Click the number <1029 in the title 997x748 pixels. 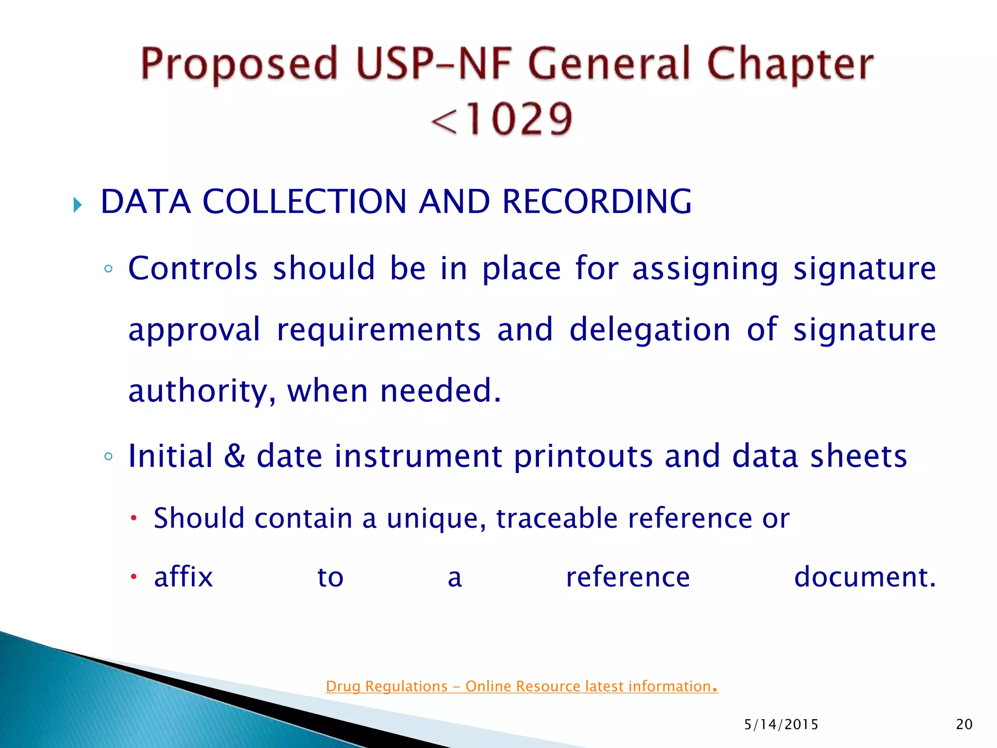click(x=501, y=119)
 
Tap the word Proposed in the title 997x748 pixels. click(x=239, y=64)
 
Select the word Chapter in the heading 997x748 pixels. click(x=790, y=64)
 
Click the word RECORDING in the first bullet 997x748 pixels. click(x=596, y=202)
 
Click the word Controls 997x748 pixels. click(x=193, y=268)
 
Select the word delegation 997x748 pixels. click(x=650, y=330)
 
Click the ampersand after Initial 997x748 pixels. click(x=235, y=456)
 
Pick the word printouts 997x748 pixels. click(x=583, y=457)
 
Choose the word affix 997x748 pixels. click(x=184, y=577)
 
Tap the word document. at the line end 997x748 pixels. click(x=865, y=577)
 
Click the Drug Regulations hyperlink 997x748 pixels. click(x=521, y=686)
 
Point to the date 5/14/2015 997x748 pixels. click(x=781, y=725)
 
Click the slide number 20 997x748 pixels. click(x=964, y=725)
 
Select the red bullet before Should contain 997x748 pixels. click(x=134, y=518)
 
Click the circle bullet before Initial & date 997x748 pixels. click(x=109, y=457)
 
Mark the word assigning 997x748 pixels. click(x=705, y=269)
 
